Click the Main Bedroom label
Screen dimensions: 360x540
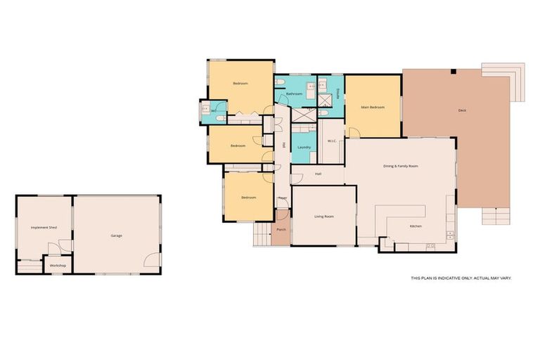[373, 107]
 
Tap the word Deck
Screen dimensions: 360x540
[462, 110]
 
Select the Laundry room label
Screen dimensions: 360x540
[304, 147]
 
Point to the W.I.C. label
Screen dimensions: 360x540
[332, 141]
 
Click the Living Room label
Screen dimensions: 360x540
[323, 216]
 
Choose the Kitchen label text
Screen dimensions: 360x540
[416, 226]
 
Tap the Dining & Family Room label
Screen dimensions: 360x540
[401, 166]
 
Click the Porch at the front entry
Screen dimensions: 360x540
[281, 230]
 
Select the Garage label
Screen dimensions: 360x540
[117, 235]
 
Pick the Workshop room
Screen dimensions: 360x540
[58, 265]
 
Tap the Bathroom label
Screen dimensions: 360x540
[294, 94]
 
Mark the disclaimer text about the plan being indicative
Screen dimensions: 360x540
[461, 278]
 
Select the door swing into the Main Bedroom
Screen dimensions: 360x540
[354, 133]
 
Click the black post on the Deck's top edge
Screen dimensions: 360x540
[454, 71]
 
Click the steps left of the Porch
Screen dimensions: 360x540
[262, 236]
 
